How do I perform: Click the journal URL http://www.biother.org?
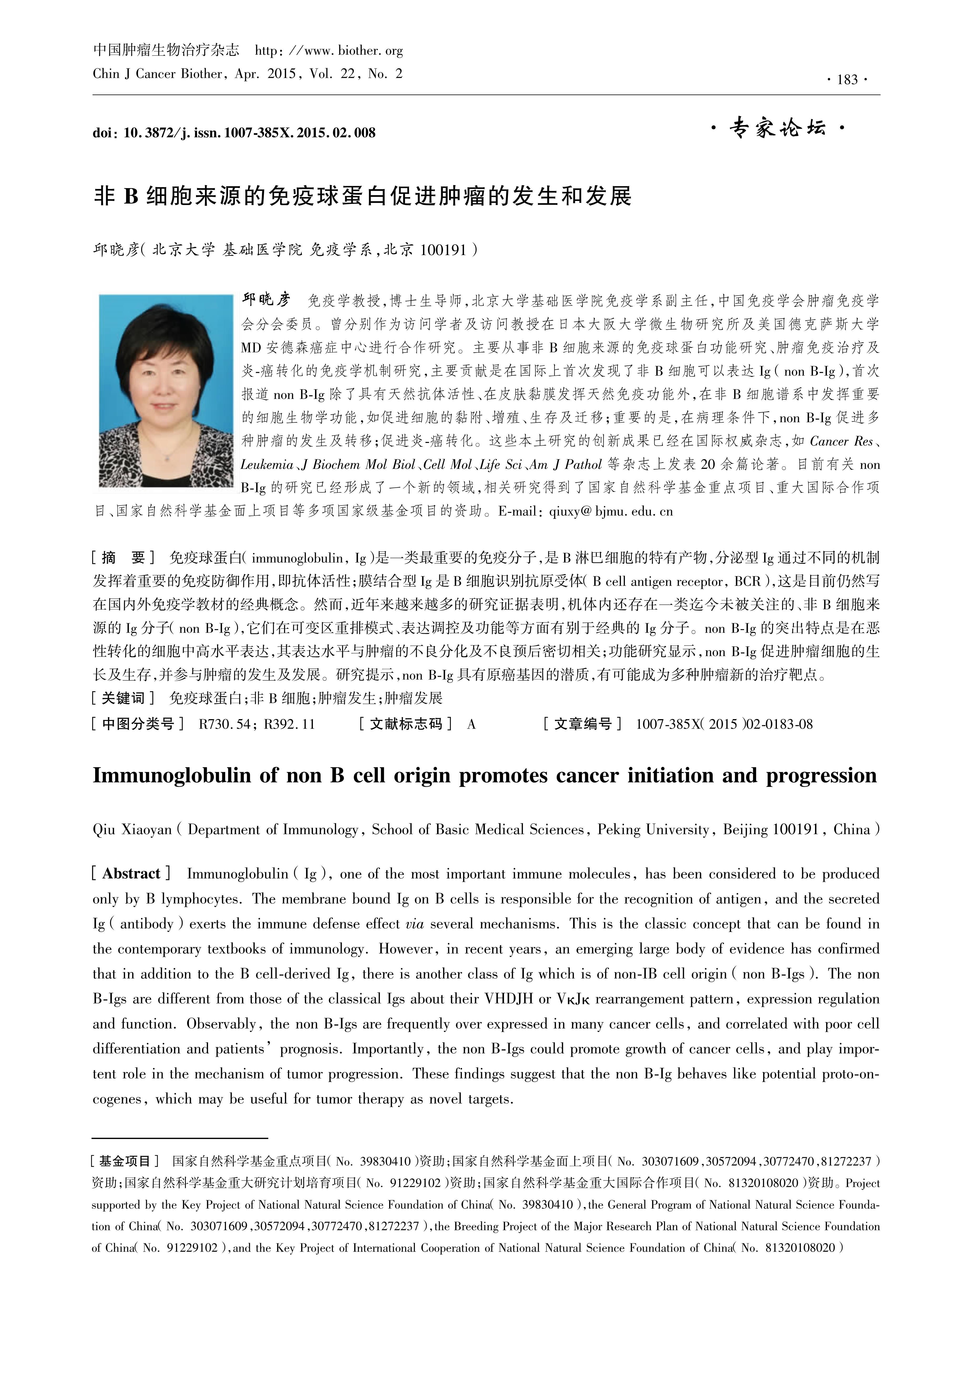[329, 51]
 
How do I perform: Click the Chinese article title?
[363, 196]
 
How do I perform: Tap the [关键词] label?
[123, 698]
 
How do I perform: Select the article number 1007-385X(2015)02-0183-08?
[724, 724]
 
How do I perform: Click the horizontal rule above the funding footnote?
[180, 1138]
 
